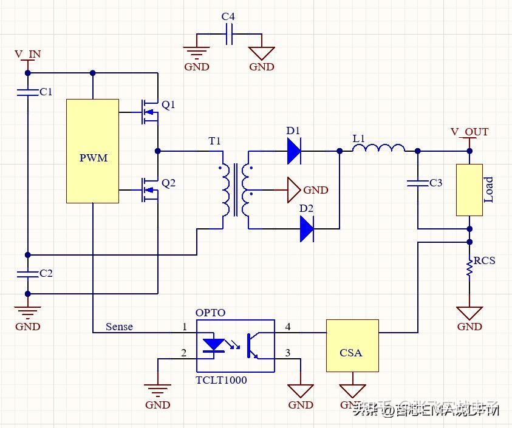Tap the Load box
[469, 189]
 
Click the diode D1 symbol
[294, 151]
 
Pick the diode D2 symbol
[307, 229]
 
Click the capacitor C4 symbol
[229, 37]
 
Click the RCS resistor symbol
[469, 267]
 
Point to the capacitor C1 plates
[27, 92]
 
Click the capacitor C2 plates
[27, 274]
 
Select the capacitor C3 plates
[417, 183]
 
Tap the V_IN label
[28, 54]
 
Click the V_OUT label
[469, 132]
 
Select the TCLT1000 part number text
[221, 380]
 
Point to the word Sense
[119, 327]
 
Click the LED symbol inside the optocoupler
[213, 345]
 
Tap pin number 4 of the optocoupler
[287, 327]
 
